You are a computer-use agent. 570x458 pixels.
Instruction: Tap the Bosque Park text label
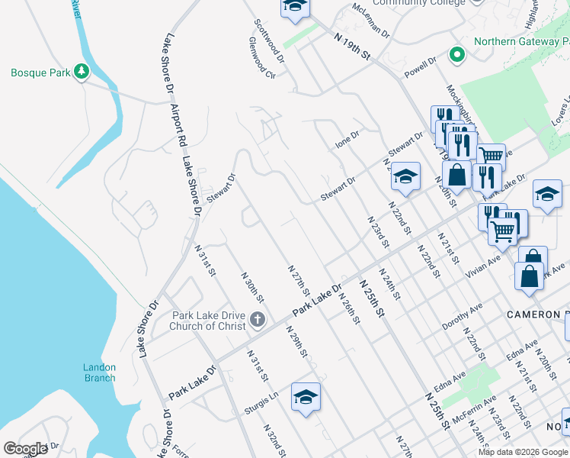point(40,73)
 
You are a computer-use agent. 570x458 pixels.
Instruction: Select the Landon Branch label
point(99,373)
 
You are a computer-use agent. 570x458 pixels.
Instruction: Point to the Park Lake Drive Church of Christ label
point(198,321)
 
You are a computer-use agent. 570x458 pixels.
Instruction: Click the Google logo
point(26,449)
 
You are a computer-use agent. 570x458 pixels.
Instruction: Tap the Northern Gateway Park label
point(521,42)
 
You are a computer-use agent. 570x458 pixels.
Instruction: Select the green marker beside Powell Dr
point(456,54)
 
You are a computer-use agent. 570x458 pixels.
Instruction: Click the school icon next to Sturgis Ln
point(306,397)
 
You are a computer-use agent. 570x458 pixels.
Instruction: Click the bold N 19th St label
point(355,45)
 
